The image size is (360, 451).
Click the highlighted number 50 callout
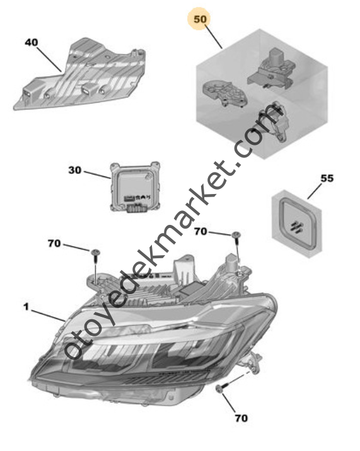tap(200, 20)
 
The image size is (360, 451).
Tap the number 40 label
tap(32, 43)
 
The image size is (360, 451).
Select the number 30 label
tap(74, 170)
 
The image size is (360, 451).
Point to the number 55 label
tap(327, 178)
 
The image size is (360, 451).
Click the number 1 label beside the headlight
tap(26, 307)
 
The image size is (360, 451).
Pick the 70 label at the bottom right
tap(241, 418)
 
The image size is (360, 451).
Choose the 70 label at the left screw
tap(54, 244)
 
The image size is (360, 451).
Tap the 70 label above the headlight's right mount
tap(200, 231)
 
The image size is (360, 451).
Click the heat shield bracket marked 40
tap(80, 76)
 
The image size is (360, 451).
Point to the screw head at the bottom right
tap(219, 389)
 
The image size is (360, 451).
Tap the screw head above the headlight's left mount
tap(95, 253)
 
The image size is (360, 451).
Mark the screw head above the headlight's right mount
tap(236, 235)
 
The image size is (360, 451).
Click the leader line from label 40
tap(49, 60)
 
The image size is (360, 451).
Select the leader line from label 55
tap(315, 191)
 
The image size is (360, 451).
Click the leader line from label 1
tap(48, 316)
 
